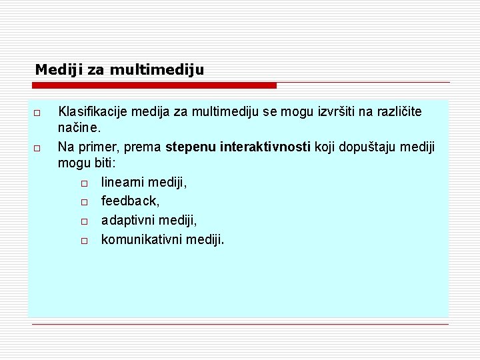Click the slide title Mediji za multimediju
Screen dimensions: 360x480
tap(119, 69)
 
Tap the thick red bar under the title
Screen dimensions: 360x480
tap(154, 85)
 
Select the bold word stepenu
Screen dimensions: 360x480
tap(191, 146)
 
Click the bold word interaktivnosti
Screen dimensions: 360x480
tap(265, 146)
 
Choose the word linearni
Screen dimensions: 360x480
tap(123, 182)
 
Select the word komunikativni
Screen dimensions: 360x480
tap(141, 239)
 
